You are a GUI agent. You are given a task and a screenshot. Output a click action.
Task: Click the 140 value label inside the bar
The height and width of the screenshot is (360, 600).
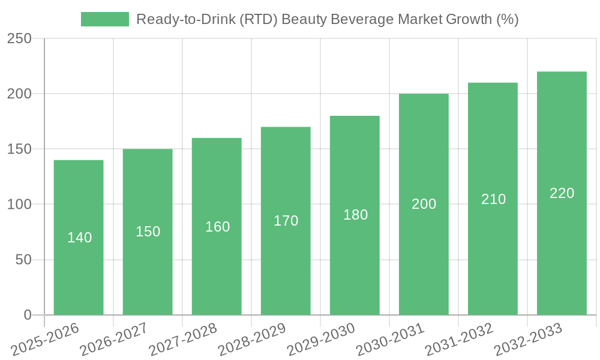[x=80, y=238]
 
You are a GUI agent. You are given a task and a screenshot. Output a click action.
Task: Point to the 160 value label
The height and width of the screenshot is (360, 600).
[x=218, y=227]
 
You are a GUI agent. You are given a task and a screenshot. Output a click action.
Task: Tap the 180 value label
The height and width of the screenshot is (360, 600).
[x=356, y=215]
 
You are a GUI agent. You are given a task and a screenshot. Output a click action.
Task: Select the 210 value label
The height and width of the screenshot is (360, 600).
[x=494, y=199]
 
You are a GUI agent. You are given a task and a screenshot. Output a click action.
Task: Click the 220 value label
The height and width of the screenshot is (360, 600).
[x=562, y=193]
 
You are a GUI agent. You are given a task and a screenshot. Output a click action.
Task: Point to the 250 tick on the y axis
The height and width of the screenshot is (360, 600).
[x=20, y=39]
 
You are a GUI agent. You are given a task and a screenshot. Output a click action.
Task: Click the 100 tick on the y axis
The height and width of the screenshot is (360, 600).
[x=20, y=205]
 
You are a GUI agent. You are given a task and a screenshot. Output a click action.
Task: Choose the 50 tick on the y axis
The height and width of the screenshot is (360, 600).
[x=24, y=260]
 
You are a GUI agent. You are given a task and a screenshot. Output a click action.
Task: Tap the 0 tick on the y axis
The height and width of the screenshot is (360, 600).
[x=28, y=315]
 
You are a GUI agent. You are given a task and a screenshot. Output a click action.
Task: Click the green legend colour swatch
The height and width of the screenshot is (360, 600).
[x=105, y=19]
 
